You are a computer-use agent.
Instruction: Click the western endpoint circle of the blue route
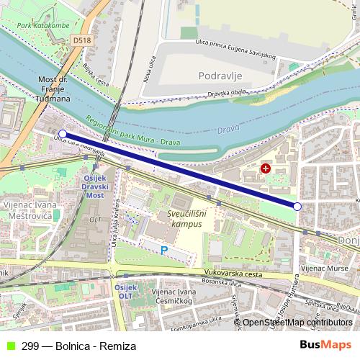(x=63, y=133)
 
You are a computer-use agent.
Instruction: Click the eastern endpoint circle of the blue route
(x=297, y=207)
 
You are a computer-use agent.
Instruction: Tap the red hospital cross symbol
(x=266, y=168)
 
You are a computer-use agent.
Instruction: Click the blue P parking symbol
(x=164, y=251)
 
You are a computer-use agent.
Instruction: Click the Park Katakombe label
(x=43, y=26)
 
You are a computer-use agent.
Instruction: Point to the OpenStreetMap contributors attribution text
(x=297, y=323)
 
